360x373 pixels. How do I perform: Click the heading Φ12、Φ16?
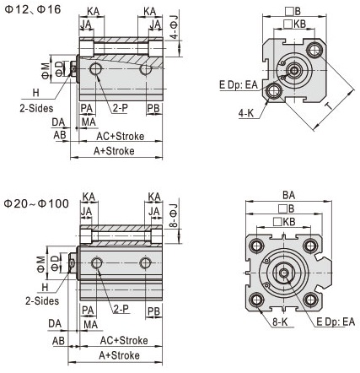click(x=31, y=8)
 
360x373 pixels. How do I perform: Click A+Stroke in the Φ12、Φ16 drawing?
click(x=116, y=152)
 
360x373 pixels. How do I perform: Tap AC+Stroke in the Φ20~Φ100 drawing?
click(x=123, y=339)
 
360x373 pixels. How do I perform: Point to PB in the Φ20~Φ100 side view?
click(x=154, y=311)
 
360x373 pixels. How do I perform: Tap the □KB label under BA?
click(x=289, y=221)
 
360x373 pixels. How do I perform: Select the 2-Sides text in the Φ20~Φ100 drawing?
click(x=40, y=300)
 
